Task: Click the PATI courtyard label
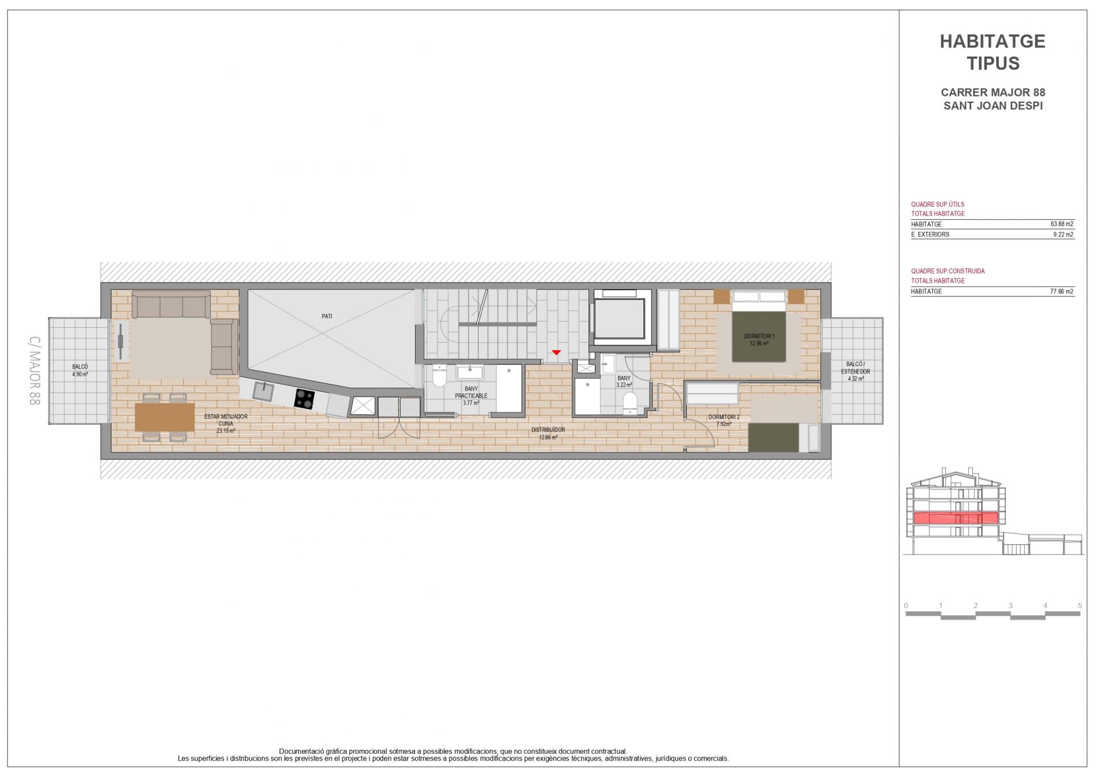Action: pos(327,316)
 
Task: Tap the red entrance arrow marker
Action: pos(556,352)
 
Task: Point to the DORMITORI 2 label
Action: pos(724,420)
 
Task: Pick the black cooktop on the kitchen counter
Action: pos(304,399)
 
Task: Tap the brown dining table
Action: pos(165,417)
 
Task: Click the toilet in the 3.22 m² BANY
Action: pos(630,402)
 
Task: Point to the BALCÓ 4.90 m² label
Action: pos(80,370)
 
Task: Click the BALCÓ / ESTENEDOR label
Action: pos(855,371)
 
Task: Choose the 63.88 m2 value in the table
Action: pos(1062,224)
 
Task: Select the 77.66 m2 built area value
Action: pos(1062,291)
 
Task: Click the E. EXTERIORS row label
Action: pos(930,235)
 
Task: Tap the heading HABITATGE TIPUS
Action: pos(993,52)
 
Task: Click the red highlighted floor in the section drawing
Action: pos(955,518)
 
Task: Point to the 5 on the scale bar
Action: pos(1079,605)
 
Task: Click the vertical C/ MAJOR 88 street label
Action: pos(34,371)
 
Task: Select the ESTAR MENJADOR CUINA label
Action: pos(226,424)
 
